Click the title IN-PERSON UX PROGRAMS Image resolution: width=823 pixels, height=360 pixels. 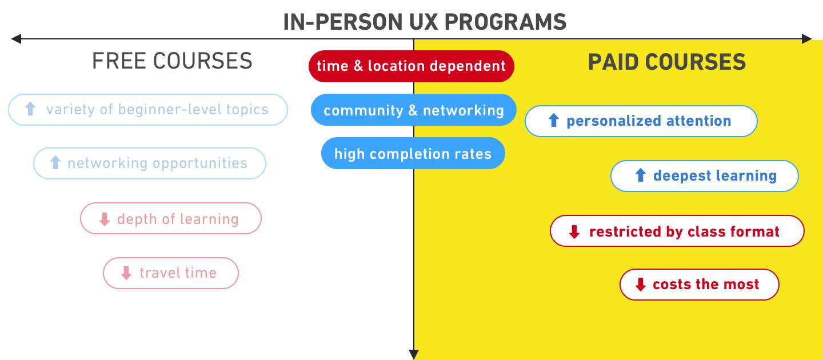[425, 22]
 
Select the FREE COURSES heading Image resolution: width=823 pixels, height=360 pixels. [172, 61]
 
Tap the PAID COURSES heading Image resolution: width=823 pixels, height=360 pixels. [667, 62]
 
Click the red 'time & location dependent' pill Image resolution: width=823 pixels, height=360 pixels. [411, 66]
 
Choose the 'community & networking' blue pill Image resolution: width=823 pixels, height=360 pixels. [413, 110]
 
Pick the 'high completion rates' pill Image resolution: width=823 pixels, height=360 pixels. [413, 154]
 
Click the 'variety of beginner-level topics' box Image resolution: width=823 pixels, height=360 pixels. [148, 109]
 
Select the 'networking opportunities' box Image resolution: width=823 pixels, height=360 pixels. [150, 163]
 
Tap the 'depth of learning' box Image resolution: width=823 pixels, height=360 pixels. [170, 219]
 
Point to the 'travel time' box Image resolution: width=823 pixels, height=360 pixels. [170, 273]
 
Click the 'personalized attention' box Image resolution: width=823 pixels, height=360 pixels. [641, 121]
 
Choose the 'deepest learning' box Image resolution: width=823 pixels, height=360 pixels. [704, 176]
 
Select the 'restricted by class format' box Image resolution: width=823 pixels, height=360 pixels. [677, 231]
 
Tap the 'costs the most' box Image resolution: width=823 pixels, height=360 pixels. [699, 285]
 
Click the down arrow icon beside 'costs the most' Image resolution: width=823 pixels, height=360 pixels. [640, 285]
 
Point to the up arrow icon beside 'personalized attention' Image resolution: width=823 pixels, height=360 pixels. [553, 121]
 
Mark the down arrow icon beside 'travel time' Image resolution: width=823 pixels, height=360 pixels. [126, 273]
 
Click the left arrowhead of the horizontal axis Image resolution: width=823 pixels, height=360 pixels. [16, 39]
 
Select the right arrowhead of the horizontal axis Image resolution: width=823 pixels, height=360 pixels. [806, 39]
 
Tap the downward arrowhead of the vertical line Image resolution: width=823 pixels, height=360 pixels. [414, 354]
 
